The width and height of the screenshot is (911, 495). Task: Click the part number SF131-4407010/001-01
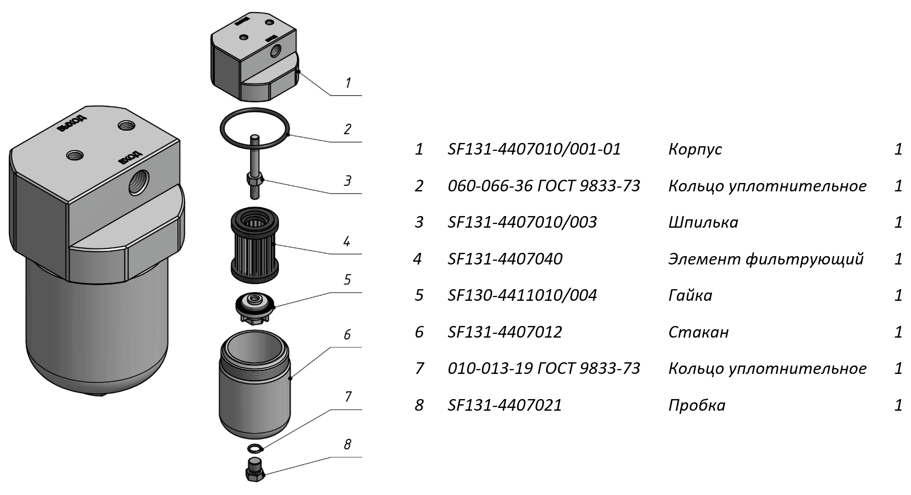pyautogui.click(x=534, y=149)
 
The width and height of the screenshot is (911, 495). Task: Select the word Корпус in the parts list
pyautogui.click(x=695, y=149)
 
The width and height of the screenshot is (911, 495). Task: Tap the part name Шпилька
pyautogui.click(x=703, y=222)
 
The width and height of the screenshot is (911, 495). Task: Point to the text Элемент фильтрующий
pyautogui.click(x=766, y=259)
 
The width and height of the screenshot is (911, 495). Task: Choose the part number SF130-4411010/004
pyautogui.click(x=522, y=295)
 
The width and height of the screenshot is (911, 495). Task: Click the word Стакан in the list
pyautogui.click(x=698, y=332)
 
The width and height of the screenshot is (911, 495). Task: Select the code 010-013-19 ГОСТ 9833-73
pyautogui.click(x=544, y=368)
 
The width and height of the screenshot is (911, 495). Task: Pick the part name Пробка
pyautogui.click(x=697, y=405)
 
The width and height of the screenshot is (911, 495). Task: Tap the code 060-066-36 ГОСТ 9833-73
pyautogui.click(x=544, y=186)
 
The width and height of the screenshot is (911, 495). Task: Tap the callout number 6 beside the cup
pyautogui.click(x=347, y=335)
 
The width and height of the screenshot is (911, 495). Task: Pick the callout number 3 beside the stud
pyautogui.click(x=347, y=181)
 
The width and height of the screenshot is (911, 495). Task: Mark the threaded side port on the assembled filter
pyautogui.click(x=138, y=182)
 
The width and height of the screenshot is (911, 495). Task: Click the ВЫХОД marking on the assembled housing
pyautogui.click(x=71, y=123)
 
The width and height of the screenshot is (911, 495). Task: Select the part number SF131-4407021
pyautogui.click(x=505, y=405)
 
